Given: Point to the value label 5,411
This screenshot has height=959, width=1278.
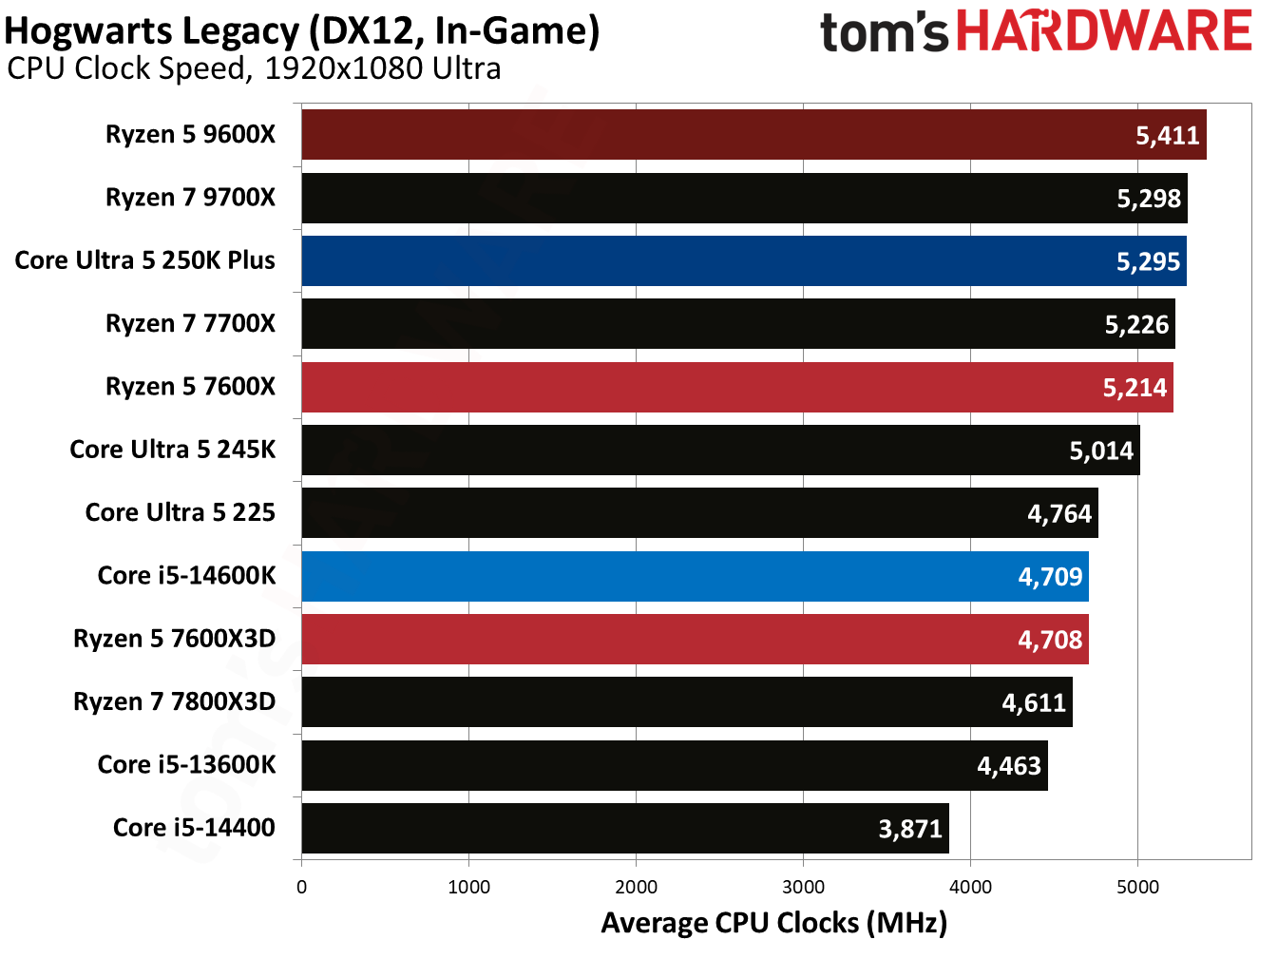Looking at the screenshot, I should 1168,136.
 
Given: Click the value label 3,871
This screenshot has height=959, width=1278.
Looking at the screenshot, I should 909,830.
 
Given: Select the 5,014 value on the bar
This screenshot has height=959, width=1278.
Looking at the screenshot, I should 1101,451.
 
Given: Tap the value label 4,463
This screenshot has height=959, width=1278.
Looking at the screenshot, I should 1009,766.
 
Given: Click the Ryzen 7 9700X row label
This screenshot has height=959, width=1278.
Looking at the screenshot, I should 190,198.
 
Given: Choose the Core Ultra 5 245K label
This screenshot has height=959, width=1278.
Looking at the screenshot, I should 172,450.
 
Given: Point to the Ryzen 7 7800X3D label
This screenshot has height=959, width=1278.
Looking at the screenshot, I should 174,702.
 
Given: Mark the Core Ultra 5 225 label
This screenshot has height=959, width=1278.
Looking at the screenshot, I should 180,513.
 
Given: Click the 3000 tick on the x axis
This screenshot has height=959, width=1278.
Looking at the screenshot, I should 803,888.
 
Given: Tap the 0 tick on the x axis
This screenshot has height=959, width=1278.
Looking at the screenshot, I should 301,888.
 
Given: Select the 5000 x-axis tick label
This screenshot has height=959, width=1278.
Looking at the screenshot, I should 1137,888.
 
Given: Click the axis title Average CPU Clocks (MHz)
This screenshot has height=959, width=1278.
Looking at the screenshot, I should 773,924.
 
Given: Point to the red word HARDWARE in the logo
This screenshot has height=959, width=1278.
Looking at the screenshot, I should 1103,31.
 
